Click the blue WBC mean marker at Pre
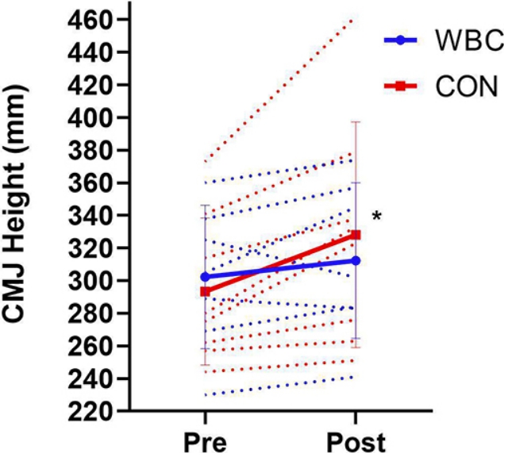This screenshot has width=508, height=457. click(x=205, y=277)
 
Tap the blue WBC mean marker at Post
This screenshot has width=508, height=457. click(x=356, y=260)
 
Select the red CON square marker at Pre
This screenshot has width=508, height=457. click(x=205, y=291)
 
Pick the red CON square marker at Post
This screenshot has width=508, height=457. click(x=356, y=235)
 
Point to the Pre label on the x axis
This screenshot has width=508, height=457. click(x=205, y=440)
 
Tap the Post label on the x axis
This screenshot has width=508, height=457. click(x=356, y=440)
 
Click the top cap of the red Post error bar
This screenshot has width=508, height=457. click(x=356, y=121)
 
